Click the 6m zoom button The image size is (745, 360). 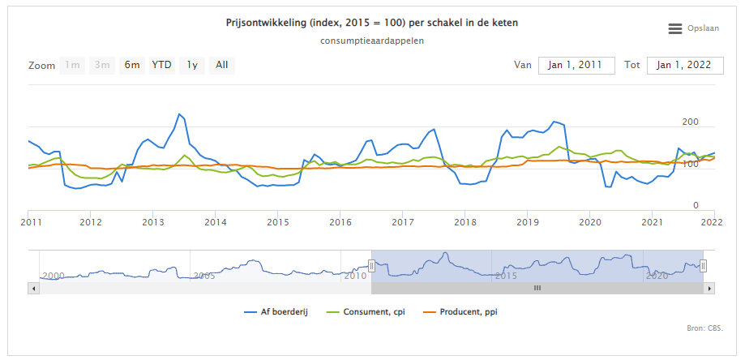[x=131, y=65]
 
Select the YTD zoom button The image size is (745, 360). [x=162, y=65]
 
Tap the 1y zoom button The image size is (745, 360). [x=192, y=65]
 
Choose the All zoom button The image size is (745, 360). [x=221, y=65]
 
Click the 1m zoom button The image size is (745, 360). [x=73, y=65]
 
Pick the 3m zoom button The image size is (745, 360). [x=102, y=65]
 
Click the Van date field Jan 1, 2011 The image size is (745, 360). [x=576, y=65]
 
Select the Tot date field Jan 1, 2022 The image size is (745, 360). [x=684, y=65]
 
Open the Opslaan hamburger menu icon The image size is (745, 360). [x=675, y=28]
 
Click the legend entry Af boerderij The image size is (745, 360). [x=283, y=311]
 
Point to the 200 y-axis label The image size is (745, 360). [x=690, y=122]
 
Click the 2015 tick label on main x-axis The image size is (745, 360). [x=278, y=221]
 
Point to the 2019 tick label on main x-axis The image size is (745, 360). [x=528, y=221]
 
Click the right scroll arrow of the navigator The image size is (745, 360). [x=710, y=288]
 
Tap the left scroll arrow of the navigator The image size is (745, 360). [x=33, y=288]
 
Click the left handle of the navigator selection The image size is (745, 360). [x=371, y=265]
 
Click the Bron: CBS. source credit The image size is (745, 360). [x=703, y=328]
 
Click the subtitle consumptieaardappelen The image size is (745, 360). [x=372, y=41]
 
